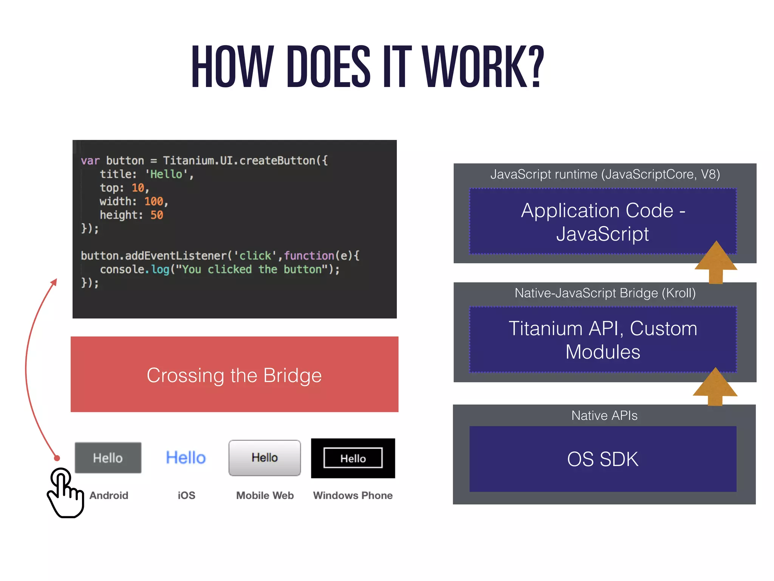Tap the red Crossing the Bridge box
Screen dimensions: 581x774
(x=234, y=374)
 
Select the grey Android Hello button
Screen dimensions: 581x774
(x=108, y=458)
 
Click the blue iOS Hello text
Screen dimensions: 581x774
(x=186, y=458)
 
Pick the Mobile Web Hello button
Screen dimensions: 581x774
(x=265, y=458)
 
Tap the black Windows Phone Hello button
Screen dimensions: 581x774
(x=353, y=458)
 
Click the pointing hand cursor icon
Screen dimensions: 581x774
(x=65, y=493)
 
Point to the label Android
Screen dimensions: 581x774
(x=109, y=496)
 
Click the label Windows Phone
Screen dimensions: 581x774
(x=353, y=496)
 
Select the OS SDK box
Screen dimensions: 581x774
(x=603, y=459)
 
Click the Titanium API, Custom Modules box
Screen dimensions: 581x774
(x=603, y=340)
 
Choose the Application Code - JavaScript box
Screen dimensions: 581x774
(x=603, y=222)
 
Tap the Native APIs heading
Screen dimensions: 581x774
(x=604, y=415)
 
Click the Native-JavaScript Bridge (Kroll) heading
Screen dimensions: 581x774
(x=605, y=293)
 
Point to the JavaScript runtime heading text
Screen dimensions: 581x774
(x=605, y=174)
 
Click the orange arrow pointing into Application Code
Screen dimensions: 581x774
(x=716, y=263)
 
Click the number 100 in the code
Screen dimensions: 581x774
(x=154, y=201)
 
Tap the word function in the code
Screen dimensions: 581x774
(x=309, y=256)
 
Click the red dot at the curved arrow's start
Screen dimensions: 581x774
(x=57, y=458)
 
